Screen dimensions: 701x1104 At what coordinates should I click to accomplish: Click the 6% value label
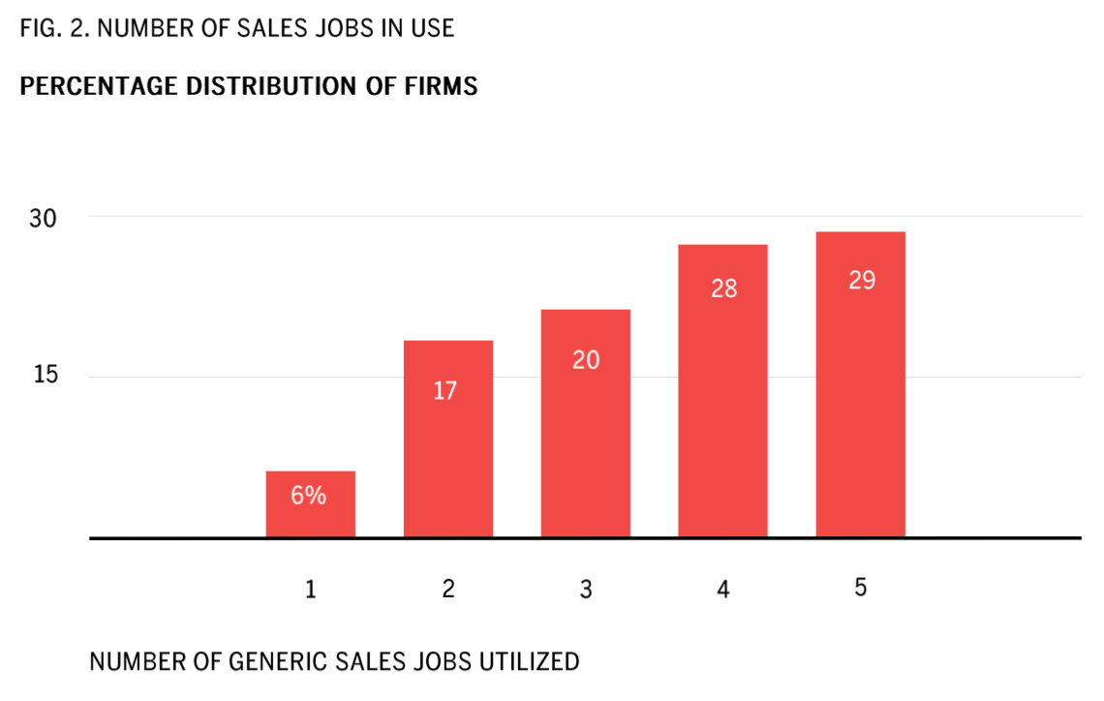[309, 496]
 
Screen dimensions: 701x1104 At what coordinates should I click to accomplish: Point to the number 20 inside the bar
[585, 360]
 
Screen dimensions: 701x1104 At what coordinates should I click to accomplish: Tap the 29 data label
[861, 281]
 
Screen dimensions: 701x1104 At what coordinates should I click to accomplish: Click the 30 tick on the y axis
[43, 219]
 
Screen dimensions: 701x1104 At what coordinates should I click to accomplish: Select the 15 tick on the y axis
[45, 375]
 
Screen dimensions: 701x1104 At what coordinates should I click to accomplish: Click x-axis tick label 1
[311, 589]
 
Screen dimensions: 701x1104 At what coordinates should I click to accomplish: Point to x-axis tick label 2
[447, 589]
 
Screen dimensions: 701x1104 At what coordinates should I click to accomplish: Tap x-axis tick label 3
[585, 589]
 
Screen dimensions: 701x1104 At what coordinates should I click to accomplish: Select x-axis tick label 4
[722, 589]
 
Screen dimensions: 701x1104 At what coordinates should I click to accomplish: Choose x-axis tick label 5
[860, 588]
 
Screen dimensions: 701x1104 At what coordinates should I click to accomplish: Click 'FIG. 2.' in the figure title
[54, 28]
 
